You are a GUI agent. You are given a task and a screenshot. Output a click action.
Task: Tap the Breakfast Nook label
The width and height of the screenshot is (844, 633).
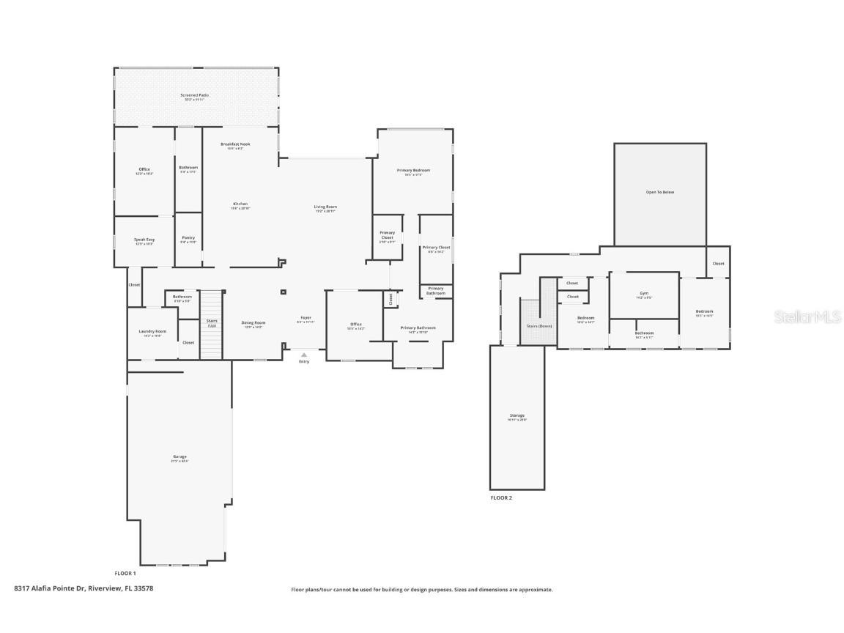point(235,144)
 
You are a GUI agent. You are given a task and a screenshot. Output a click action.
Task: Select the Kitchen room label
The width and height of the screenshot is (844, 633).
point(240,204)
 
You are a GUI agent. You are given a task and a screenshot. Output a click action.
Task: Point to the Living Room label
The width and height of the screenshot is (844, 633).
point(325,207)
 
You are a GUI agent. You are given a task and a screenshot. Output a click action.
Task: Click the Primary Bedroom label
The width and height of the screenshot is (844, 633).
point(413,171)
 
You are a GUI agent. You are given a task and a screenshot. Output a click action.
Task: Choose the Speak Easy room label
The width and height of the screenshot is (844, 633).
point(144,240)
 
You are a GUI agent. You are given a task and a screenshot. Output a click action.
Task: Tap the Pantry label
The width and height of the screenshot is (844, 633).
point(188,238)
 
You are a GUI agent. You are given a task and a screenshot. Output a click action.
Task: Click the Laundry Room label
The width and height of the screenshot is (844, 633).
point(152,332)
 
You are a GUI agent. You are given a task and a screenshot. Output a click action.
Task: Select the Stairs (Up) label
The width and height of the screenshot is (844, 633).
point(212,322)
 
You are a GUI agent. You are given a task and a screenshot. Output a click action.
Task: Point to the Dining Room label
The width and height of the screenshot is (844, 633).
point(253,323)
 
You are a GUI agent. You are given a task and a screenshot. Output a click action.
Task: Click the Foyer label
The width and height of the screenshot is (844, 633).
point(306,318)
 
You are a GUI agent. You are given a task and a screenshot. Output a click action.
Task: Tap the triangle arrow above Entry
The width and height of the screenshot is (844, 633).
point(304,355)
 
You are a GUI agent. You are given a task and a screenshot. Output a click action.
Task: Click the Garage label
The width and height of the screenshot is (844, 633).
point(179,456)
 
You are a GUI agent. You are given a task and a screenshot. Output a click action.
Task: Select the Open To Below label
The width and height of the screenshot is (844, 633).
point(659,192)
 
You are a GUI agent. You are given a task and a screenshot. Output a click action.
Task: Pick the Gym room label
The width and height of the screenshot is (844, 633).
point(644,294)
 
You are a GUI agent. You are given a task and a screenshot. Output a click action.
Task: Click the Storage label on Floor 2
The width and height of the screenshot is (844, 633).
point(517,416)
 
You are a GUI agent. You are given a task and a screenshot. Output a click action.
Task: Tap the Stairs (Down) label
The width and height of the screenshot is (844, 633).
point(539,325)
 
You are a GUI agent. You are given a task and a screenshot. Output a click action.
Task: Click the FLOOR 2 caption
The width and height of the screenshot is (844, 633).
point(501,497)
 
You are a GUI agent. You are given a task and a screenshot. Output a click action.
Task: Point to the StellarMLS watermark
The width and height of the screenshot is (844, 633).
point(807,316)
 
